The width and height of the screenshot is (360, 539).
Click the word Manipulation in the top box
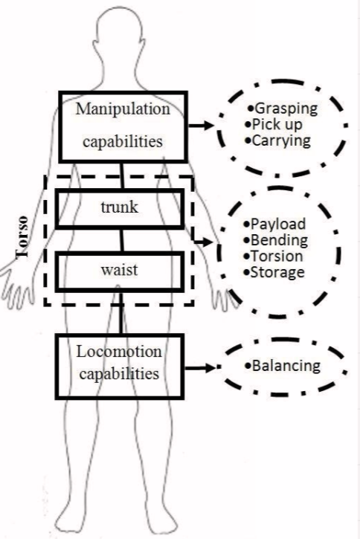123,109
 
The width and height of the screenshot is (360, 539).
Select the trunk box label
119,207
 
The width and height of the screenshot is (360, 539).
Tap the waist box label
119,270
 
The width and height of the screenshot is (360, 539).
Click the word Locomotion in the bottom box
119,352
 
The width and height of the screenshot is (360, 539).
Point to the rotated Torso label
22,237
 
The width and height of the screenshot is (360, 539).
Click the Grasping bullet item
283,109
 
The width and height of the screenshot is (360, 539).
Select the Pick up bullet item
274,124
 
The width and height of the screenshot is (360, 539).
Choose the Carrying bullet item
278,141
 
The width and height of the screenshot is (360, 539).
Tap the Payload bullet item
274,224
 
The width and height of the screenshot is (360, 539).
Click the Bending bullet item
275,241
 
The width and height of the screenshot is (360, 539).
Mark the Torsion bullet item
273,256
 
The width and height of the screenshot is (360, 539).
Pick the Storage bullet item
274,273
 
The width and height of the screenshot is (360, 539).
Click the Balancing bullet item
283,366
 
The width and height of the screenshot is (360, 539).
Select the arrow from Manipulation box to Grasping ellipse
202,126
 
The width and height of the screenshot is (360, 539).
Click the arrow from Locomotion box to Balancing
200,368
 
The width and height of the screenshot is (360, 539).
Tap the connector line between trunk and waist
121,240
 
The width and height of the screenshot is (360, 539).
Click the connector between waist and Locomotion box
120,313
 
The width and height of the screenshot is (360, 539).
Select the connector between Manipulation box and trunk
122,175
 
